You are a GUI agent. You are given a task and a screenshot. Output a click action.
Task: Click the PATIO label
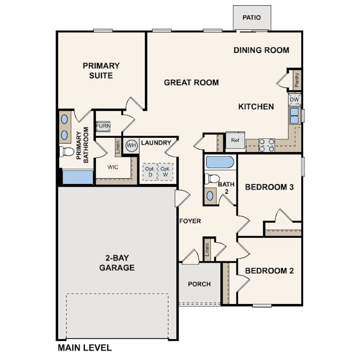(x=252, y=17)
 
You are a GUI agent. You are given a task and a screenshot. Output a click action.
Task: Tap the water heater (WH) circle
(x=132, y=145)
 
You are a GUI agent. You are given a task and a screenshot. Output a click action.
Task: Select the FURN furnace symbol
(x=103, y=126)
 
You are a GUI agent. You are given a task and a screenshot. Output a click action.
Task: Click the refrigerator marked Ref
(x=235, y=140)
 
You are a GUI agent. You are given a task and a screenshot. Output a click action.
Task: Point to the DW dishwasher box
(x=294, y=100)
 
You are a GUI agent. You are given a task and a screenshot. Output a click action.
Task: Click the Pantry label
(x=296, y=80)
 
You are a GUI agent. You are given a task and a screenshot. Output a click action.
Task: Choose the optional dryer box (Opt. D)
(x=150, y=172)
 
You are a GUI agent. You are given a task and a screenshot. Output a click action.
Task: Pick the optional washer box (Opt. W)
(x=165, y=172)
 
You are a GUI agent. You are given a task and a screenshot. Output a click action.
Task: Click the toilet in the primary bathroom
(x=67, y=152)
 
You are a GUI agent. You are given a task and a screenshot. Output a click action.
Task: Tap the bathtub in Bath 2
(x=220, y=162)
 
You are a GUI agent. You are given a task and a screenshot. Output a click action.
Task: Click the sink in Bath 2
(x=210, y=196)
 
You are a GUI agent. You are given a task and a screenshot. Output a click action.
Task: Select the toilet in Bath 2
(x=212, y=179)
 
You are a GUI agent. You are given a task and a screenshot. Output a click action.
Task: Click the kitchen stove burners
(x=267, y=145)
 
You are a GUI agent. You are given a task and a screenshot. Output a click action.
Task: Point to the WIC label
(x=113, y=167)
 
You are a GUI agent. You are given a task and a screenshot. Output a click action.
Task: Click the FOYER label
(x=190, y=221)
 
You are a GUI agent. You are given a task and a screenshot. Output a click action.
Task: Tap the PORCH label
(x=199, y=284)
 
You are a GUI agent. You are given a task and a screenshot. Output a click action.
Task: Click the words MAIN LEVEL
(x=85, y=348)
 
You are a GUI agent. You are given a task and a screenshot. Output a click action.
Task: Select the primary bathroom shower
(x=78, y=177)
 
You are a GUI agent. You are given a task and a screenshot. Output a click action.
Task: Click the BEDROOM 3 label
(x=269, y=187)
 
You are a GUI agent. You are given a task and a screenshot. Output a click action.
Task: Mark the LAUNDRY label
(x=156, y=143)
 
